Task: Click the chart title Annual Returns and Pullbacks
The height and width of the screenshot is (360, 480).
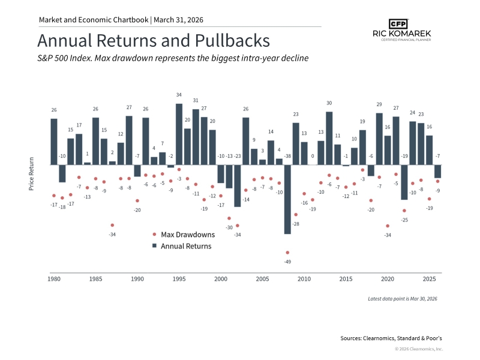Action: pos(153,41)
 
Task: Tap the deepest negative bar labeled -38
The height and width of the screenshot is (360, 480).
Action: pos(287,199)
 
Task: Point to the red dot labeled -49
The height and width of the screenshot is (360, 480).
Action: pos(287,253)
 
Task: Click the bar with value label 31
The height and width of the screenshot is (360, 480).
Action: pos(196,137)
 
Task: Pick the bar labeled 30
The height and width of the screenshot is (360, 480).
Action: pos(329,138)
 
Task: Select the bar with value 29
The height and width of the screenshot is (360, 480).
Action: pos(379,139)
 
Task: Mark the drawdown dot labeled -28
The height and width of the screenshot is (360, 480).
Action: pos(296,215)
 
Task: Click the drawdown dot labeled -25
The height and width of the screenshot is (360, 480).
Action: pos(404,211)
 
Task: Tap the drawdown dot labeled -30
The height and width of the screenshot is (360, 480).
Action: pos(229,218)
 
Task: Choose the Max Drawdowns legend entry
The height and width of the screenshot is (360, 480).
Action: pos(183,234)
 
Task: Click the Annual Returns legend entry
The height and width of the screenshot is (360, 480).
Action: pos(183,246)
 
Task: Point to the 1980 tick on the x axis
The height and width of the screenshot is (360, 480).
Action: pos(54,279)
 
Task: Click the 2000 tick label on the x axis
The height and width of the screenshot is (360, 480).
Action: pos(221,279)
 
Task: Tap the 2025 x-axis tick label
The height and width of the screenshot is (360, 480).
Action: pos(429,279)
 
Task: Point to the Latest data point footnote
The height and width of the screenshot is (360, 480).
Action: pos(403,298)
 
